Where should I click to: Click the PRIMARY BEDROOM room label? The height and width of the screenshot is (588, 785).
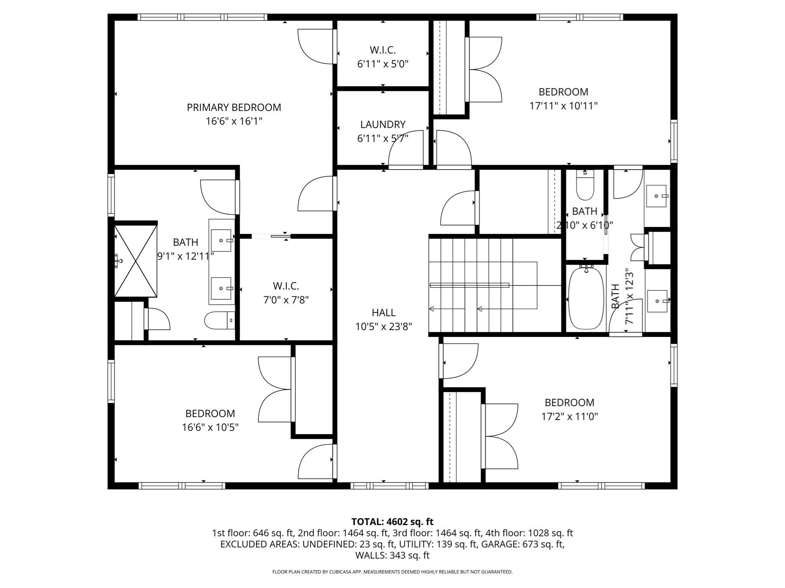(x=234, y=108)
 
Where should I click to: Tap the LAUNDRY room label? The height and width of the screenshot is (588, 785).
(x=383, y=124)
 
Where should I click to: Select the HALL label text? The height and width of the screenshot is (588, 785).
(x=383, y=313)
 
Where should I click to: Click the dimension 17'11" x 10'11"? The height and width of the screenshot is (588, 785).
(x=563, y=106)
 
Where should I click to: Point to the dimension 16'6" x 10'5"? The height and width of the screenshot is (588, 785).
(x=210, y=427)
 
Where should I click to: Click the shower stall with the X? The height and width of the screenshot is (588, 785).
(x=136, y=261)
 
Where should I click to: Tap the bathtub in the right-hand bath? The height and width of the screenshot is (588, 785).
(x=586, y=298)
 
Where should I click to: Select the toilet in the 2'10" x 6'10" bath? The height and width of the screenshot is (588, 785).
(x=585, y=186)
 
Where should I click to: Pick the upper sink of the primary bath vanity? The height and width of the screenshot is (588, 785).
(x=221, y=240)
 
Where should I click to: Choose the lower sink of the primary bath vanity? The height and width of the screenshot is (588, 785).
(x=221, y=288)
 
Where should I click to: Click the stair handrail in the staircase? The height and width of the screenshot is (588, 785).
(x=469, y=285)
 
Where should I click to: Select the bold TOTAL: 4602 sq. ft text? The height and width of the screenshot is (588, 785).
(x=392, y=522)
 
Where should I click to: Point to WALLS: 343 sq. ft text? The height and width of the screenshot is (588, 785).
(x=392, y=555)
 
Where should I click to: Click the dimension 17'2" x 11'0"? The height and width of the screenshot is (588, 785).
(x=569, y=416)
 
